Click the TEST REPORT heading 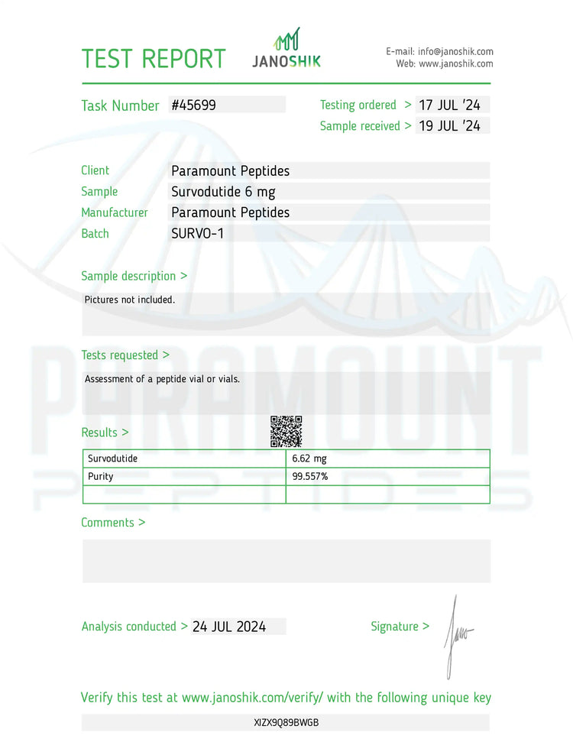coord(154,59)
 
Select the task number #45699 coord(194,105)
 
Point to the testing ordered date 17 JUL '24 coord(450,105)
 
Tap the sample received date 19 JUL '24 coord(450,126)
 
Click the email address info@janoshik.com coord(455,51)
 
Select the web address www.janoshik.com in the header coord(455,64)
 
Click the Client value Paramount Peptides coord(230,171)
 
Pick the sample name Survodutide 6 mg coord(223,192)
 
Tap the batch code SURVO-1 coord(197,234)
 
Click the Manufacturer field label coord(115,212)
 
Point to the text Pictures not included coord(130,300)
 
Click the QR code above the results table coord(286,432)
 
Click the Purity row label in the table coord(101,477)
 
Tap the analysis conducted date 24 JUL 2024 coord(229,627)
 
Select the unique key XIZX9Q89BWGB coord(286,722)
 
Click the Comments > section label coord(113,523)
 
